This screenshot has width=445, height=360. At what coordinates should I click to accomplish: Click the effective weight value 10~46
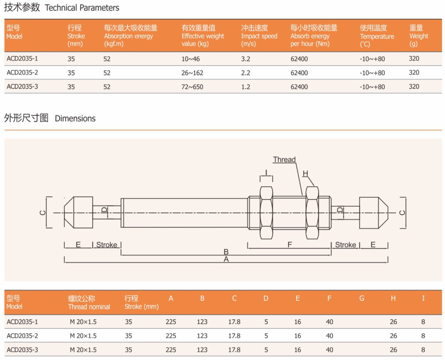(x=191, y=59)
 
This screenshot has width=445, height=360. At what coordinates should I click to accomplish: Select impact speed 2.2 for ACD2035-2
(x=246, y=73)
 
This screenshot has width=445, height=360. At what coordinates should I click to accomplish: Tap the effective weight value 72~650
(x=192, y=87)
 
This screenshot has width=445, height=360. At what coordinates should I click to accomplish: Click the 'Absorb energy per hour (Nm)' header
(x=314, y=36)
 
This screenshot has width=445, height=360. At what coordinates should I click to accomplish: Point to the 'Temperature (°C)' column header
(x=377, y=36)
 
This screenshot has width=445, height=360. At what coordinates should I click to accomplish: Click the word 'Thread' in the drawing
(x=284, y=160)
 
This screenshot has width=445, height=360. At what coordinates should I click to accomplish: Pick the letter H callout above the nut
(x=305, y=173)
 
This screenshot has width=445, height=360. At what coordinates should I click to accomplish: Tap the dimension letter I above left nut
(x=266, y=173)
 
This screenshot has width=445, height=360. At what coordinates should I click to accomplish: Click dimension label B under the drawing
(x=226, y=252)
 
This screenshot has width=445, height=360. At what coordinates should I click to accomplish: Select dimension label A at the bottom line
(x=226, y=259)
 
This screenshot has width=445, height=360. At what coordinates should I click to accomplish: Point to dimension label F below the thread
(x=290, y=244)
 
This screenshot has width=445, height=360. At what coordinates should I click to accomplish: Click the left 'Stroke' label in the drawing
(x=107, y=245)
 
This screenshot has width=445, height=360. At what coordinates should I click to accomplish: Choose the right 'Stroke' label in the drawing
(x=345, y=245)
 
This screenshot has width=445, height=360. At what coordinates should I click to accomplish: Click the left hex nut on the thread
(x=266, y=213)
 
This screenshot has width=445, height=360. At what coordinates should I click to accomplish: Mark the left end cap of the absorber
(x=79, y=213)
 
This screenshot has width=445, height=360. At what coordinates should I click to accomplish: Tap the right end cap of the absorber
(x=373, y=213)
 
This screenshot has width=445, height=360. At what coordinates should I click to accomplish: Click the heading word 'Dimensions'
(x=75, y=119)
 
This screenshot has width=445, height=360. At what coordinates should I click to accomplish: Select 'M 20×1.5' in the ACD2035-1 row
(x=83, y=322)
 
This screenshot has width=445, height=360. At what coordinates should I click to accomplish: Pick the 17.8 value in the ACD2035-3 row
(x=234, y=350)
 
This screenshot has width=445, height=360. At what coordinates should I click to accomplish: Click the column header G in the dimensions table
(x=362, y=298)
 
